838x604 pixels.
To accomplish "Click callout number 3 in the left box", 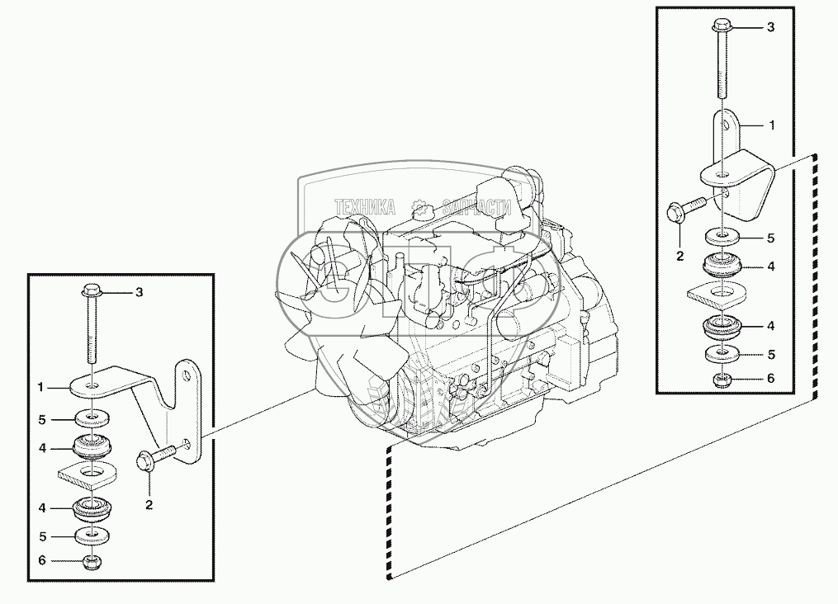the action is click(140, 291).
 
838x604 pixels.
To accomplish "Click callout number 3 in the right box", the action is click(770, 27).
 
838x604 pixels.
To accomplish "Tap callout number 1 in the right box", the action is click(771, 125).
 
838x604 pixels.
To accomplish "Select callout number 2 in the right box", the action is click(680, 257).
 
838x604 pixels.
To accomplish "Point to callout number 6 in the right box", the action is click(770, 378).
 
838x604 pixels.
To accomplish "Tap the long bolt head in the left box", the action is click(91, 291).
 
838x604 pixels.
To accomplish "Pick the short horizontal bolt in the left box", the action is click(157, 457).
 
